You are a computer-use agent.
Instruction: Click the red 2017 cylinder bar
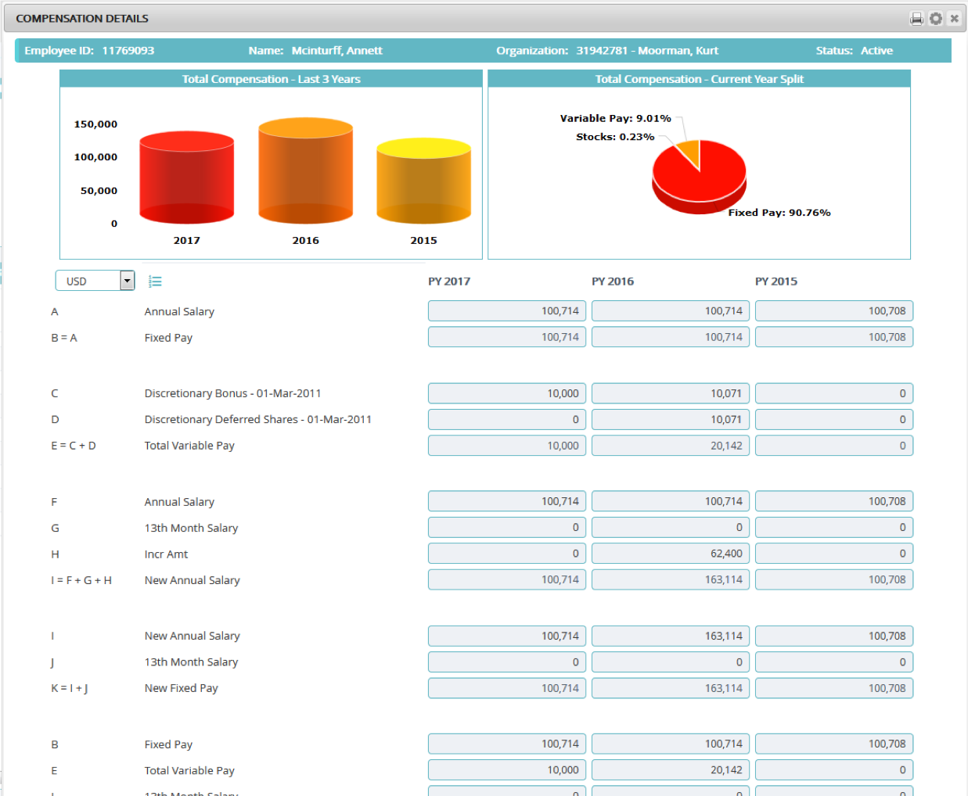(186, 178)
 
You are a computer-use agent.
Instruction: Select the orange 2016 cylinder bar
(305, 172)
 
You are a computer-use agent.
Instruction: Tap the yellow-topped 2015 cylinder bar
(423, 181)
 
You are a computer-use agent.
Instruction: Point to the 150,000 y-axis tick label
(95, 124)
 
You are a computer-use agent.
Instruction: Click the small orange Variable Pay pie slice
(689, 152)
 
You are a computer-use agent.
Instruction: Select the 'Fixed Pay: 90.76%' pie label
(779, 213)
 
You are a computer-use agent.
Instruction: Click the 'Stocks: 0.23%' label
(615, 137)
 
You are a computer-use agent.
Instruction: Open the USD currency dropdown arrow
(127, 281)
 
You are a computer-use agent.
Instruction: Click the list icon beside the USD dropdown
(155, 281)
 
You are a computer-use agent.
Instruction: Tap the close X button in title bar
(954, 18)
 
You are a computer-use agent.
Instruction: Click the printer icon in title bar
(916, 18)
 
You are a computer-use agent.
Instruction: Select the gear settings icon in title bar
(935, 18)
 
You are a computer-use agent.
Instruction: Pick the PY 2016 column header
(612, 281)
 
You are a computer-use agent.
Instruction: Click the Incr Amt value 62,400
(671, 554)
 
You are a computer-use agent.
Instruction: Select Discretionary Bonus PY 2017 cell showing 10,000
(507, 393)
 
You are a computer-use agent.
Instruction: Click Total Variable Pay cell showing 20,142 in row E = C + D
(671, 446)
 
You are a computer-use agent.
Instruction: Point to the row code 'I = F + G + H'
(81, 580)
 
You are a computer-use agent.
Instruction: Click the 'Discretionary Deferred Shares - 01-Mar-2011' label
(257, 420)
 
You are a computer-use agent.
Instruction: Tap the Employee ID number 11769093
(128, 51)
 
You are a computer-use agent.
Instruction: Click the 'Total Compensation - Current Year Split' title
(699, 79)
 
